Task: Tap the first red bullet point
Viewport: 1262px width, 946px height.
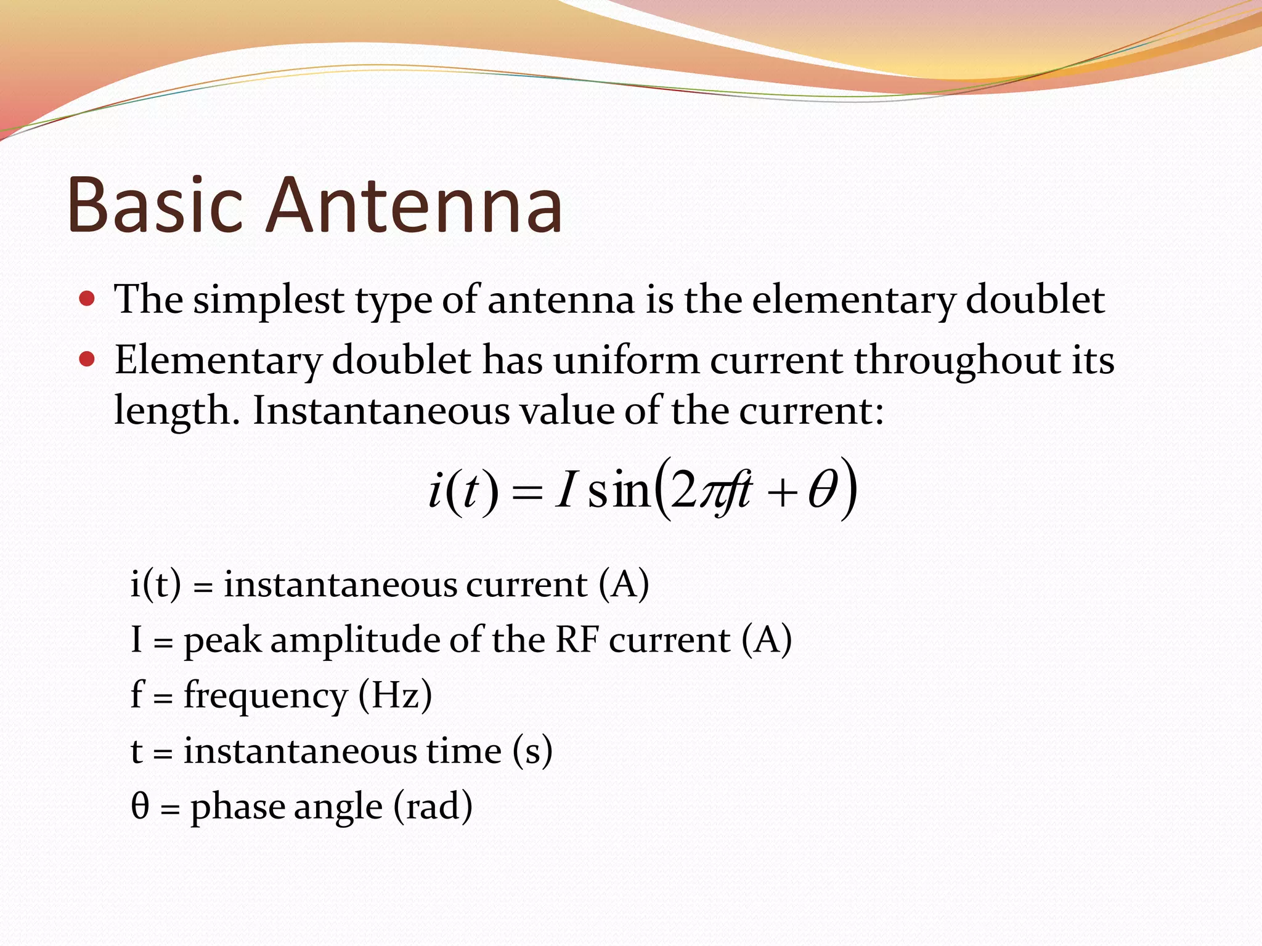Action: coord(87,299)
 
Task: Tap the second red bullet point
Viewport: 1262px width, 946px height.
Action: coord(87,359)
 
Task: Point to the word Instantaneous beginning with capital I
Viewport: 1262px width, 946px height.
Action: coord(381,411)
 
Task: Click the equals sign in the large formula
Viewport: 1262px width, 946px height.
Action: coord(527,493)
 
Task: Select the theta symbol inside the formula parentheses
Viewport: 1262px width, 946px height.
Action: coord(823,491)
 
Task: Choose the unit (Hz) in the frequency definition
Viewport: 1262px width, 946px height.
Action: coord(395,695)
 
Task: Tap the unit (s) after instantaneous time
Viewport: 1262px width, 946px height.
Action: coord(532,751)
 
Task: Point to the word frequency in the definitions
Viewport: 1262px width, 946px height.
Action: coord(266,697)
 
